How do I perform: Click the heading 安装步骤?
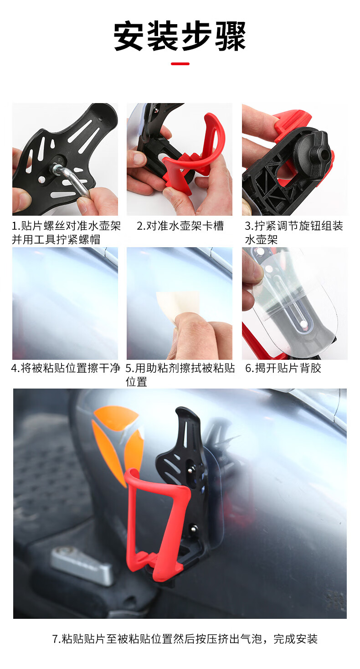tap(180, 36)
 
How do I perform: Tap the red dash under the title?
tap(180, 63)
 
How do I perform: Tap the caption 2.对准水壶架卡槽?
tap(180, 226)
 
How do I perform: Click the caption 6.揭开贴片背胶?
tap(283, 368)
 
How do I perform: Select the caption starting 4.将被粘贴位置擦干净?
tap(65, 368)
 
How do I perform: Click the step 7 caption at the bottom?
tap(185, 639)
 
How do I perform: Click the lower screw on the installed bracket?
tap(194, 529)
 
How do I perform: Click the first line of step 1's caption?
tap(66, 226)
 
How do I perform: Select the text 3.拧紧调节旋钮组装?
tap(294, 226)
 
